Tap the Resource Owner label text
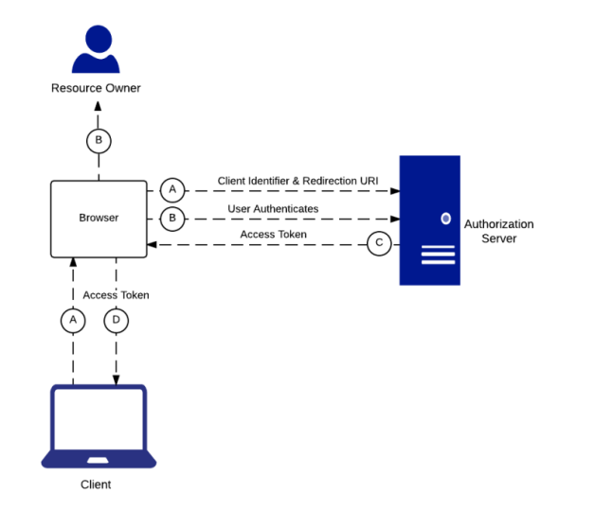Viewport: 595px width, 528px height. tap(96, 88)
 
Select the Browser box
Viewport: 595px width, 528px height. tap(99, 219)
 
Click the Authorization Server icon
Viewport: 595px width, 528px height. tap(429, 220)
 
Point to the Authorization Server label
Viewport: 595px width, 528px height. tap(498, 231)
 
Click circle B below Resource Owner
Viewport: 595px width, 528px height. tap(99, 141)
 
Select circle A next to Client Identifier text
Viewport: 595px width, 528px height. tap(171, 189)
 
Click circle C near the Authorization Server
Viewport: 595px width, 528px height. tap(379, 244)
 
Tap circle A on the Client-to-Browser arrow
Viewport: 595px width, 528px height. tap(73, 321)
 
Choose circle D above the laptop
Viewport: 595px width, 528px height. tap(116, 321)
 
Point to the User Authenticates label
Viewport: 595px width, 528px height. tap(273, 208)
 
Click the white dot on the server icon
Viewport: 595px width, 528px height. tap(445, 219)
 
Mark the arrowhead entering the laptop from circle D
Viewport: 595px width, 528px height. tap(116, 380)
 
